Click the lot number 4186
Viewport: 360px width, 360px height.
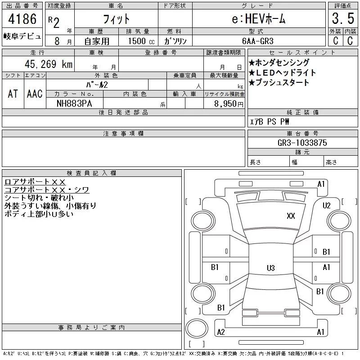tap(22, 19)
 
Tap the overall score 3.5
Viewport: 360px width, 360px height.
tap(343, 18)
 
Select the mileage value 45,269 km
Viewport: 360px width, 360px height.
tap(49, 64)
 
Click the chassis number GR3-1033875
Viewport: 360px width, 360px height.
tap(302, 143)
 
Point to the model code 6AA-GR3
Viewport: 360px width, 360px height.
tap(257, 41)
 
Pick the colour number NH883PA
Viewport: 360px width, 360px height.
tap(74, 103)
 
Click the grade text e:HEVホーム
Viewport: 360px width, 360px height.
tap(258, 18)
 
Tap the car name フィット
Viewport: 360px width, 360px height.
tap(116, 19)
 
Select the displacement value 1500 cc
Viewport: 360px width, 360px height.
tap(141, 41)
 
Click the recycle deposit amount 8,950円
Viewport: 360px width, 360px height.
tap(229, 104)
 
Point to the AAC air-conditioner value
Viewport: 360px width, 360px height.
tap(35, 94)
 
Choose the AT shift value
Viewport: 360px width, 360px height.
tap(13, 94)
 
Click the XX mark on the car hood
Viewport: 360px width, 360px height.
tap(291, 216)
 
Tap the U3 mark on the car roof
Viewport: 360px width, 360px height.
tap(271, 268)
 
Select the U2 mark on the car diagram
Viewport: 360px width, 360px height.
tap(327, 206)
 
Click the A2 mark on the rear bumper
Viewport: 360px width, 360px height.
tap(221, 332)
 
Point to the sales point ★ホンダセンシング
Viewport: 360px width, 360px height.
tap(279, 63)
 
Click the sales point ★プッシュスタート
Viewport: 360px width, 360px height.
tap(279, 82)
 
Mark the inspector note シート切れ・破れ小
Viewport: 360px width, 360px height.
tap(39, 198)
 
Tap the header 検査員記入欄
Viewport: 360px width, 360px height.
tap(92, 173)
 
